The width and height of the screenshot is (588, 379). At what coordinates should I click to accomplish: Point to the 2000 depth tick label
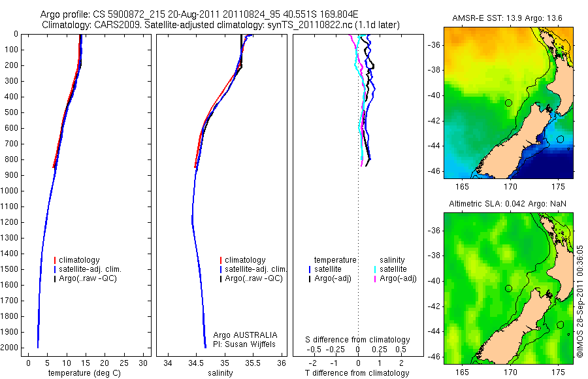[12, 348]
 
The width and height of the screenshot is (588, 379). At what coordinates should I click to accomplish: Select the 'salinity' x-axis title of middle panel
[219, 373]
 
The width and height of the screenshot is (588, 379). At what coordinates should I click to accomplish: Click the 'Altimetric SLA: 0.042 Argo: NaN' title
[508, 205]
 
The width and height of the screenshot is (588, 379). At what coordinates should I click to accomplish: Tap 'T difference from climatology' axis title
[358, 373]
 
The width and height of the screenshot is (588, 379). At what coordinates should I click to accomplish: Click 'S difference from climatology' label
[358, 340]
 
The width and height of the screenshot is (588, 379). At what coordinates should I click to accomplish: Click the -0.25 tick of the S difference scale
[335, 350]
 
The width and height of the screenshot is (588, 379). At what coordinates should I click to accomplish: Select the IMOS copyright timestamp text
[580, 301]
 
